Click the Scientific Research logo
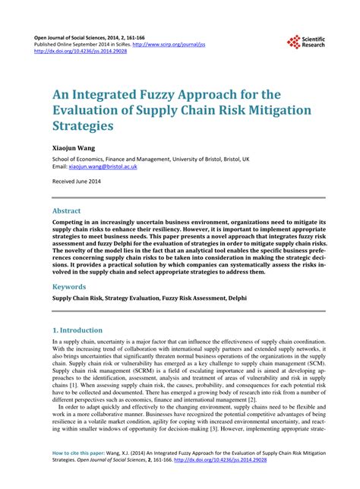(308, 42)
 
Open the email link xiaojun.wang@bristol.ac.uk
(103, 167)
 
